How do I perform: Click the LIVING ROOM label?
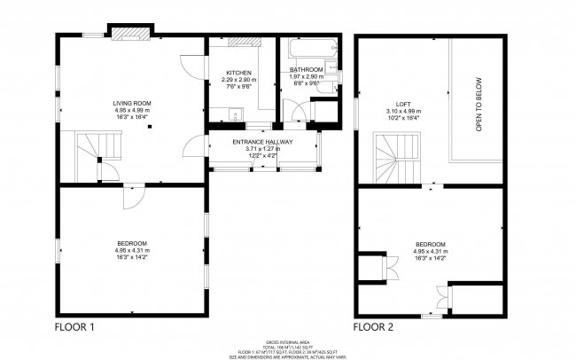[131, 103]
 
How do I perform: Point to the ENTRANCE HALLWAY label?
[262, 142]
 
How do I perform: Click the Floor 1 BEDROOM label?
[131, 244]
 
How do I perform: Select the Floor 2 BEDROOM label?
[430, 244]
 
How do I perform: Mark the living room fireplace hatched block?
[131, 31]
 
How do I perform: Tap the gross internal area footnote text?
[288, 348]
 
